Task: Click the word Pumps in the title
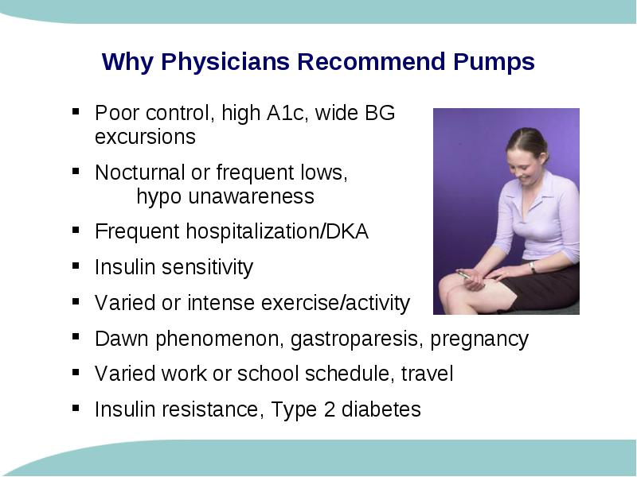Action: (494, 62)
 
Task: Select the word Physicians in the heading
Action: (225, 62)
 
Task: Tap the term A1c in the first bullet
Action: (285, 113)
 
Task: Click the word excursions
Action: (145, 137)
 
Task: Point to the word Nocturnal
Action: (140, 172)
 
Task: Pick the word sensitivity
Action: (207, 268)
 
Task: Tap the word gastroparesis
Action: (354, 339)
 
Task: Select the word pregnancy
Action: (479, 339)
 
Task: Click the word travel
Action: (428, 373)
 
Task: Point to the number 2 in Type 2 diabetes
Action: (330, 409)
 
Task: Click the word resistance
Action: (210, 409)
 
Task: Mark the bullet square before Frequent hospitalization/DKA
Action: (76, 230)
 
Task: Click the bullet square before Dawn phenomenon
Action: (76, 336)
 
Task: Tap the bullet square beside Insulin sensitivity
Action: (76, 266)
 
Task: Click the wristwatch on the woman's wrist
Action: (532, 267)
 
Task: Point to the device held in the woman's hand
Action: (464, 274)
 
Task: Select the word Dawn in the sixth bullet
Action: (122, 339)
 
